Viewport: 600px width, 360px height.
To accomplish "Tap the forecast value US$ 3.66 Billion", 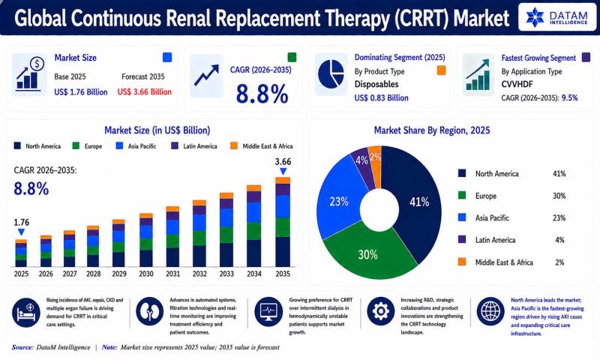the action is tap(145, 91).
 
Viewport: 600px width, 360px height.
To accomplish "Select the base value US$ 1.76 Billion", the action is tap(81, 91).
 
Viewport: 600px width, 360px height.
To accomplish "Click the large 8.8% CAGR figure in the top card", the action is tap(262, 94).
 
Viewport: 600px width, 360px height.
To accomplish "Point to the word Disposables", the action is tap(376, 84).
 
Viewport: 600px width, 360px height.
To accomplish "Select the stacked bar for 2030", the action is tap(146, 240).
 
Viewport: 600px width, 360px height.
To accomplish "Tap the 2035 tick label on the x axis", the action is tap(283, 274).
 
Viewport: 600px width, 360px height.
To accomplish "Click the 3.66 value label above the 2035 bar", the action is tap(283, 161).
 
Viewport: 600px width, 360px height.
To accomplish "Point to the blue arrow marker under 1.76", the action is tap(22, 232).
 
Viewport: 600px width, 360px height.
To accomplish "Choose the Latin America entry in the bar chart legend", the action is tap(194, 145).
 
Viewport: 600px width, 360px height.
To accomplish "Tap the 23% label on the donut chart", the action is tap(339, 201).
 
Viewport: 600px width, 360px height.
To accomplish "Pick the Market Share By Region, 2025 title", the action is tap(432, 130).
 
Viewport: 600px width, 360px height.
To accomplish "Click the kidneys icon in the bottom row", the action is tap(149, 311).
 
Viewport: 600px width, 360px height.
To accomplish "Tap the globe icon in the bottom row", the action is tap(490, 311).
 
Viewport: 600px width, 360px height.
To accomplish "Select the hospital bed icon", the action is tap(26, 312).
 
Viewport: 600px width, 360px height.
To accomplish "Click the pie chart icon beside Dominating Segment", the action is tap(331, 74).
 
